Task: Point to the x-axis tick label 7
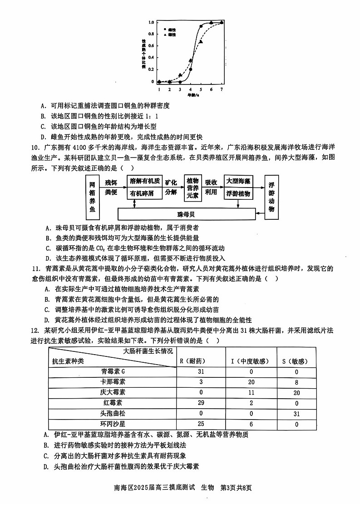222,89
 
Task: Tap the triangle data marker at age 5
201,41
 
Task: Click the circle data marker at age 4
191,69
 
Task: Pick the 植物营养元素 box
192,188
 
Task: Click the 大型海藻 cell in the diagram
238,181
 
